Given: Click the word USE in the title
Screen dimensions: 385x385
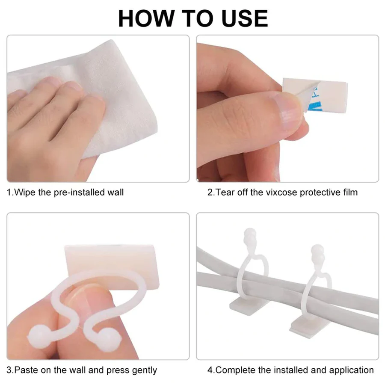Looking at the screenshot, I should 241,18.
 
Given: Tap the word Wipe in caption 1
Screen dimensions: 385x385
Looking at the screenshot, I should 25,192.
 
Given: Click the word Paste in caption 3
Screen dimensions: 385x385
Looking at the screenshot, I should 26,370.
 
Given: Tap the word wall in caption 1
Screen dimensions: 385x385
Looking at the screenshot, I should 114,192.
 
